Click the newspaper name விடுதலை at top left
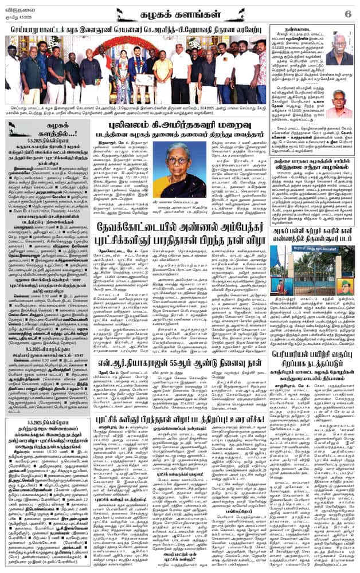click(19, 7)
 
